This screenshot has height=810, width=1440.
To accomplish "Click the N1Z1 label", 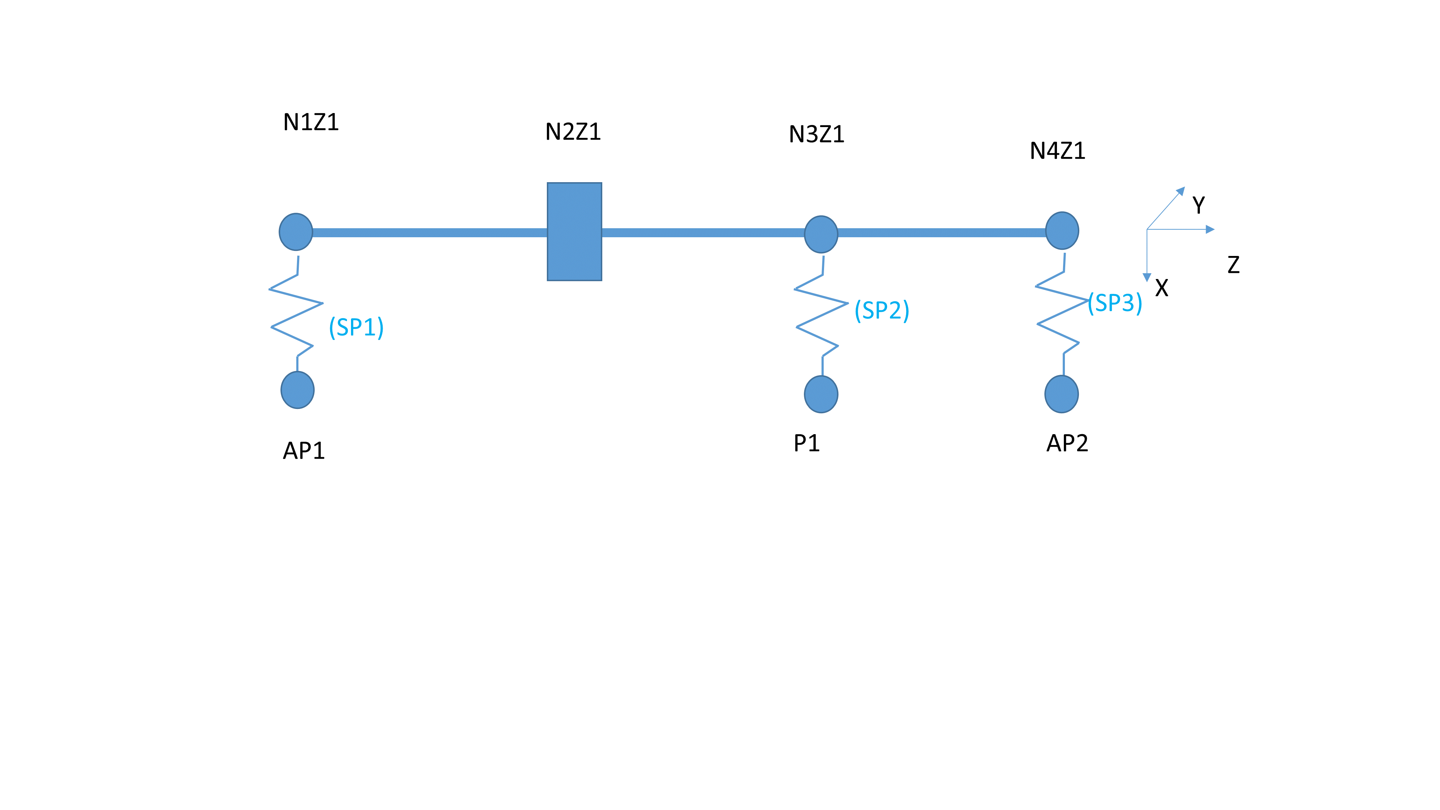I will click(x=311, y=122).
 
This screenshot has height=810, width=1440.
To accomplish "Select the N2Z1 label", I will click(x=573, y=132).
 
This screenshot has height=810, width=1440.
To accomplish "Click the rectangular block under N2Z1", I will click(x=574, y=231).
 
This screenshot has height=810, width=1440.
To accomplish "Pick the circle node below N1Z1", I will click(x=296, y=231).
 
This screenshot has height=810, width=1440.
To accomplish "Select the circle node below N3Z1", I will click(x=821, y=234).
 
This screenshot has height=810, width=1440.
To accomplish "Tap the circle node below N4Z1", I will click(x=1062, y=230).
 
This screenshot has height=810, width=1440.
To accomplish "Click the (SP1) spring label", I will click(x=356, y=327).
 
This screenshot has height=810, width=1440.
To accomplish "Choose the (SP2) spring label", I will click(x=882, y=310).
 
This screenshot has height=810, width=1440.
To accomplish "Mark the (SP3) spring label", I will click(x=1115, y=303).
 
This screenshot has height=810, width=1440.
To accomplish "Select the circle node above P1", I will click(x=821, y=394).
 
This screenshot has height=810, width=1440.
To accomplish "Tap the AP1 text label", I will click(x=303, y=451).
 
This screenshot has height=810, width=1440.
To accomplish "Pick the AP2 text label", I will click(x=1067, y=443).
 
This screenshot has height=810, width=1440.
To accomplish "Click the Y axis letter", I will click(x=1198, y=205).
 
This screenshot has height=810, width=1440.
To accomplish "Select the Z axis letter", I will click(x=1233, y=264).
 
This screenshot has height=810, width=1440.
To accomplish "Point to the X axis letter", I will click(x=1162, y=288).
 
